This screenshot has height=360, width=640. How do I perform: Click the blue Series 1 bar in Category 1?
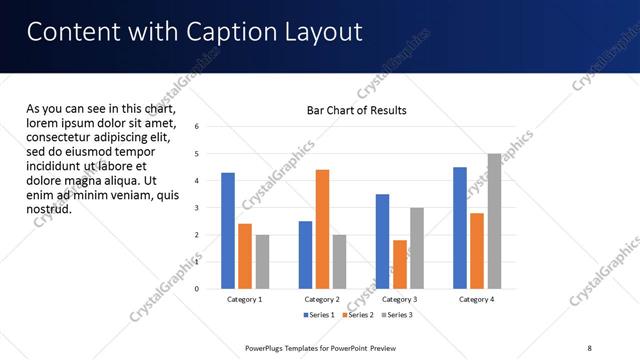(x=228, y=231)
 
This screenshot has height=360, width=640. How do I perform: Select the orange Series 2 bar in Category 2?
(x=322, y=229)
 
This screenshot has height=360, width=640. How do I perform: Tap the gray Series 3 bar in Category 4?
(x=494, y=221)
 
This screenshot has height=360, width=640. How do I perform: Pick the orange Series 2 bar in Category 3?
(x=400, y=264)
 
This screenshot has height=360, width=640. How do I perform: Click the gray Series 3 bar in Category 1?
(x=262, y=262)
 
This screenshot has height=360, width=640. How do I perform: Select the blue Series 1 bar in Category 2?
(x=305, y=255)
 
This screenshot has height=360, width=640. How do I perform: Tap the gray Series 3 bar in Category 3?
(x=417, y=248)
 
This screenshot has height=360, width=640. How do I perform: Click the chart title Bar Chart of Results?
(x=356, y=110)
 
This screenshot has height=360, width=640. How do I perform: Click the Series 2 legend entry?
(x=358, y=315)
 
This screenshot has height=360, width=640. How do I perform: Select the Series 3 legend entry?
(x=398, y=315)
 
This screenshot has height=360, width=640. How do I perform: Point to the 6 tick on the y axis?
(x=197, y=127)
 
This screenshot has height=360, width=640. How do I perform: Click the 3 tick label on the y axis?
(x=197, y=208)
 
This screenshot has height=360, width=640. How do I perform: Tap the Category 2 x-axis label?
(x=322, y=299)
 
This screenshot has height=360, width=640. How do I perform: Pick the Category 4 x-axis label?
(x=477, y=299)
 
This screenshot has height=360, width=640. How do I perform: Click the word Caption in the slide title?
(x=221, y=33)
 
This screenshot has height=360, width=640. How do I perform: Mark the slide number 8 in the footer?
(x=588, y=348)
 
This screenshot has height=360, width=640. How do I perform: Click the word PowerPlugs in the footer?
(x=268, y=348)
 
